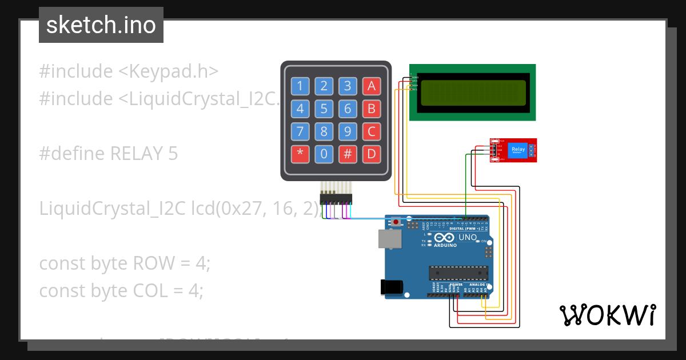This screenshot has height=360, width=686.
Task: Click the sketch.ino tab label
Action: pos(101,25)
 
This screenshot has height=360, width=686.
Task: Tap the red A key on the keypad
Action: pos(371,86)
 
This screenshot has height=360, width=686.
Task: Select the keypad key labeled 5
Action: pos(324,109)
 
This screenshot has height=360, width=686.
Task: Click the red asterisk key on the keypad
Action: pos(300,154)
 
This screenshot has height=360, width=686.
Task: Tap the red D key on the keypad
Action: pos(371,154)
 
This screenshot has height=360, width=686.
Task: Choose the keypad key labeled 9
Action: pos(347,131)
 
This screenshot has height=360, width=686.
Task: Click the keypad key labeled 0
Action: pos(324,154)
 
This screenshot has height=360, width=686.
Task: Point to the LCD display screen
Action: pos(473,93)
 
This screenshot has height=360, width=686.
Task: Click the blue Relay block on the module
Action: pos(518,150)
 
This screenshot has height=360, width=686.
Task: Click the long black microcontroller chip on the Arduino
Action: pos(459,274)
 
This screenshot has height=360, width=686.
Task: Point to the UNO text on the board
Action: pos(468,237)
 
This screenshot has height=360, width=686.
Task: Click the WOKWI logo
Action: pos(607,315)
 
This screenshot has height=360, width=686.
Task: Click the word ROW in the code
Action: pos(153,263)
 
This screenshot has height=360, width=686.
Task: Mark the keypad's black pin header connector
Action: pos(336,199)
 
